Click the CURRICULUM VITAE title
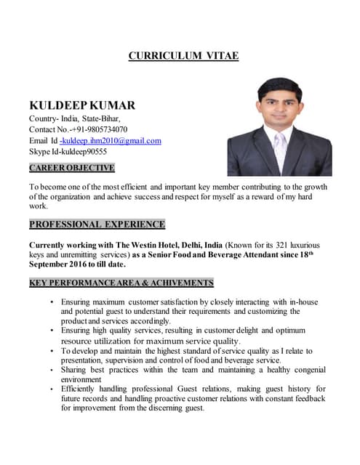point(183,55)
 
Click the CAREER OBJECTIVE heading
point(71,168)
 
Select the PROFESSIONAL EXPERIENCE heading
point(97,224)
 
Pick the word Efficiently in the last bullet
point(86,389)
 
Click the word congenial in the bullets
point(305,370)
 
